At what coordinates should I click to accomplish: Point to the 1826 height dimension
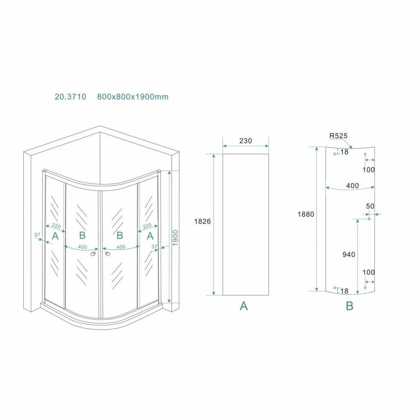pos(203,222)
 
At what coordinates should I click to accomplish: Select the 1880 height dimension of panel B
pos(307,215)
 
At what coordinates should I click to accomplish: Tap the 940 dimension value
pos(348,254)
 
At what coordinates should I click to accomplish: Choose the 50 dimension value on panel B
pos(370,206)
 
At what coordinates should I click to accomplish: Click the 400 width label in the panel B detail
pos(352,186)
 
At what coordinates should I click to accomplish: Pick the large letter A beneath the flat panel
pos(243,306)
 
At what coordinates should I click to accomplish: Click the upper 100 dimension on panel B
pos(368,170)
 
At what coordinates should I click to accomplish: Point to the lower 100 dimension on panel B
pos(368,272)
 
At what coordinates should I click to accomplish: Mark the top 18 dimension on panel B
pos(344,152)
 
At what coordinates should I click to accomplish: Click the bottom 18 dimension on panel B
pos(344,291)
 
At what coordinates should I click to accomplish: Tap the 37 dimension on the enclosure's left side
pos(37,235)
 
